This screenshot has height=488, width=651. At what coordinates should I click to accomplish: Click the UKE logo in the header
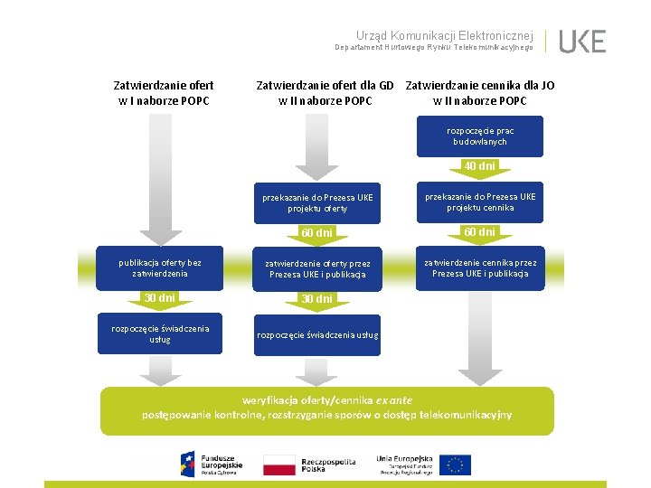[582, 42]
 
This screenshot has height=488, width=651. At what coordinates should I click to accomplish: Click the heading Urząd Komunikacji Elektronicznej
[444, 33]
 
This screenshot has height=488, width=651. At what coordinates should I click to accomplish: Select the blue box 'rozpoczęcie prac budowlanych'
[480, 136]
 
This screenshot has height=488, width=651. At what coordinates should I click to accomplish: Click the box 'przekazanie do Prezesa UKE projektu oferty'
[316, 202]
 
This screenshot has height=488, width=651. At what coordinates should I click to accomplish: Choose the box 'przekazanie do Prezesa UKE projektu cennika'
[480, 202]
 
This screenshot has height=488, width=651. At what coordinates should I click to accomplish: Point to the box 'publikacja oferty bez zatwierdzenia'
[160, 268]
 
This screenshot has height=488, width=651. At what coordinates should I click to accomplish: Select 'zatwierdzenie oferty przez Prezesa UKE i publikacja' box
[316, 268]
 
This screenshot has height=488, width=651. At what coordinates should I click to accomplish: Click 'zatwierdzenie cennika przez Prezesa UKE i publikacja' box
[480, 268]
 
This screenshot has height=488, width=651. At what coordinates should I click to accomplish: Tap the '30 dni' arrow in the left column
[160, 298]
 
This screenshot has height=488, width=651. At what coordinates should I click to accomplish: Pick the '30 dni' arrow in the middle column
[316, 299]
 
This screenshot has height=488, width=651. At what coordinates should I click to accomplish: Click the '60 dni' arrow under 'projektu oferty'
[316, 233]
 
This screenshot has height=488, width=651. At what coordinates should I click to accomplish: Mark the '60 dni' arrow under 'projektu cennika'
[480, 232]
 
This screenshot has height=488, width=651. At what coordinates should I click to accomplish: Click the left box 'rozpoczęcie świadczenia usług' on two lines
[160, 333]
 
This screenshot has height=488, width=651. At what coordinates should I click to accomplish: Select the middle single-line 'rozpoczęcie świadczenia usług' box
[316, 335]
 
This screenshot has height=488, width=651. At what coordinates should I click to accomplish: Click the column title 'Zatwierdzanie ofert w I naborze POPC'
[164, 93]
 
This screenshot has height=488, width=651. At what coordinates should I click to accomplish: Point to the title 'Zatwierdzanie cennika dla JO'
[480, 86]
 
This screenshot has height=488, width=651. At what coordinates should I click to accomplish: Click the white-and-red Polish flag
[278, 465]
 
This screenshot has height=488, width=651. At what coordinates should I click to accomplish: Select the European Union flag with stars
[457, 465]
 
